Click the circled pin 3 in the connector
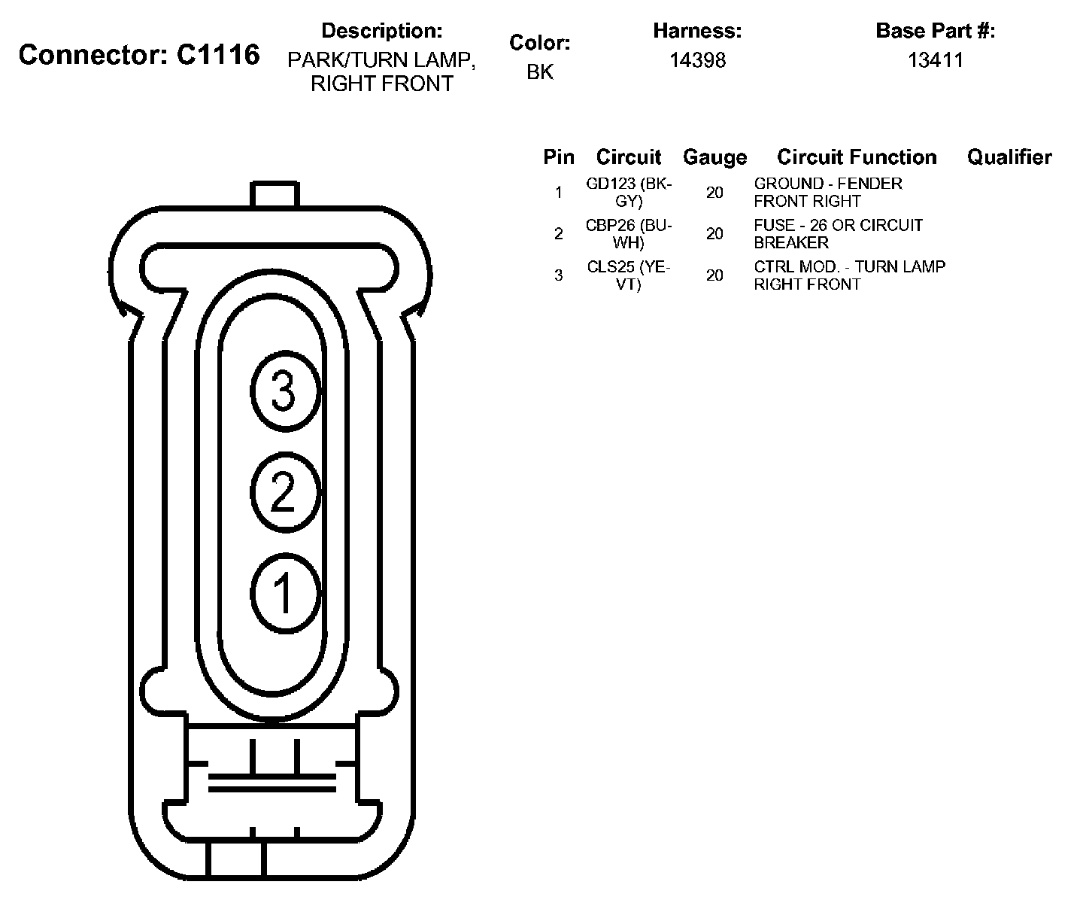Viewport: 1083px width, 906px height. (x=285, y=391)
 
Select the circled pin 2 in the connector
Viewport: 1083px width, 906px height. (x=285, y=492)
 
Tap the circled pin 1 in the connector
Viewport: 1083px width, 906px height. (x=285, y=593)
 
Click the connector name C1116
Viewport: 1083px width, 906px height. (x=218, y=54)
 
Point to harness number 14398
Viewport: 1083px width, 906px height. (x=698, y=60)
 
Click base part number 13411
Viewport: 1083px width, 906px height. (x=935, y=60)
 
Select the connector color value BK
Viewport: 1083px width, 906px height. (x=540, y=71)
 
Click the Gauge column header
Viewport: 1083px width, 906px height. (x=714, y=157)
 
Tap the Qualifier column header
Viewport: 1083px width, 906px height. (x=1009, y=157)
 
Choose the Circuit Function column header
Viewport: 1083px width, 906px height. (x=857, y=157)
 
